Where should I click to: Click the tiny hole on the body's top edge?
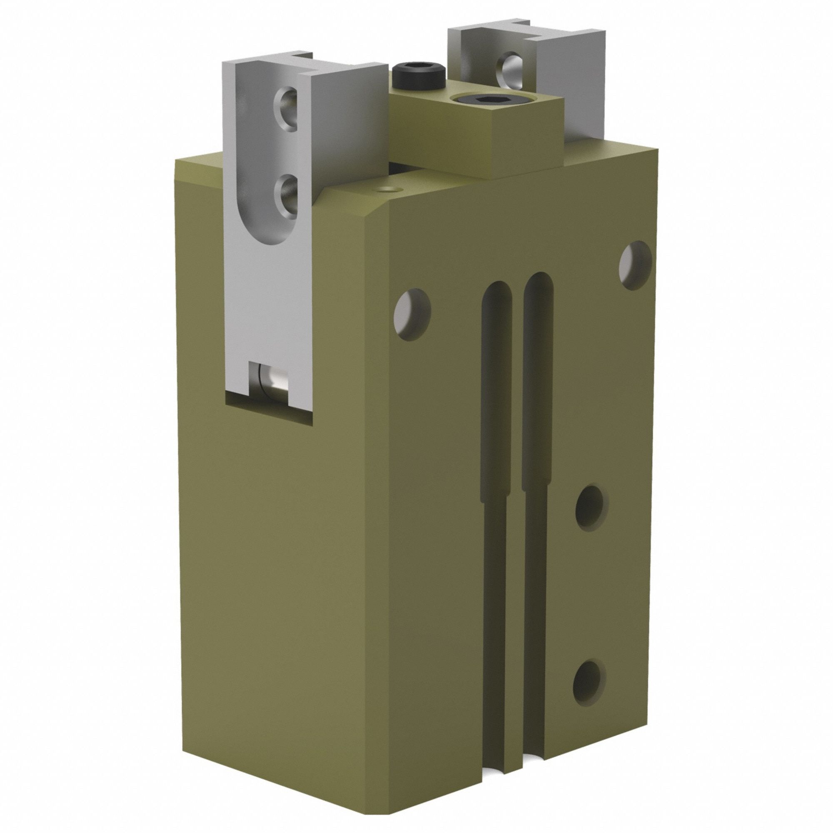click(x=390, y=189)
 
